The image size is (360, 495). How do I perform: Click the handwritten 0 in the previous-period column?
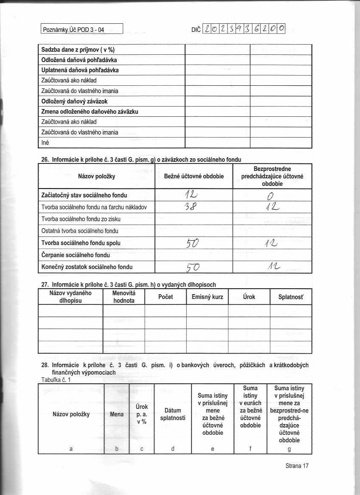(270, 195)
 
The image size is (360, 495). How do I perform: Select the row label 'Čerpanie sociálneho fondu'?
(76, 255)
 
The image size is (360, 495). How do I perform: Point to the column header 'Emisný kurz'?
(207, 297)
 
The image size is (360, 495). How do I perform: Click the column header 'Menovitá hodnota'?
(124, 297)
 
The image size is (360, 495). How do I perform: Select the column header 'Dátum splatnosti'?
(172, 414)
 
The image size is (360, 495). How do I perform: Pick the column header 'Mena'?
(116, 414)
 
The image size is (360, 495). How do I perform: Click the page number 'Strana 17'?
(297, 466)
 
